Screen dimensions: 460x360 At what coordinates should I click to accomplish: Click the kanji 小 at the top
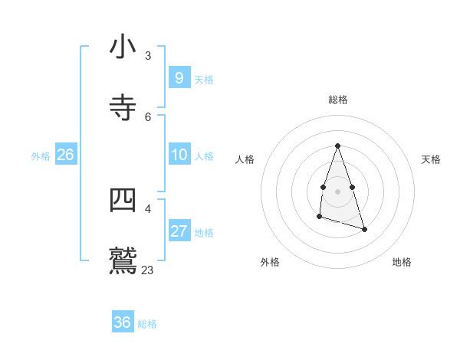[x=123, y=47]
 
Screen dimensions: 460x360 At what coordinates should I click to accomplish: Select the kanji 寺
[x=123, y=107]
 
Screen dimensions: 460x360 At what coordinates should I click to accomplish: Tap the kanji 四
[x=123, y=200]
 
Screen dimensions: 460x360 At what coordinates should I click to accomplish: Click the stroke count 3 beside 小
[x=148, y=56]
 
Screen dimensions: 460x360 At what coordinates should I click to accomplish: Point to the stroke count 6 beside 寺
[x=148, y=117]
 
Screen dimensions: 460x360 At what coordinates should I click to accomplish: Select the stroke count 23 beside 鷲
[x=147, y=270]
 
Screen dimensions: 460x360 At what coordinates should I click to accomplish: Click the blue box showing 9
[x=179, y=78]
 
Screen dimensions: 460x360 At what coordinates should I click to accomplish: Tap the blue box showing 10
[x=179, y=155]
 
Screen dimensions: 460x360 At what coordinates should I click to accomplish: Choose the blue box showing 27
[x=179, y=231]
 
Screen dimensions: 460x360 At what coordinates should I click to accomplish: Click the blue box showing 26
[x=65, y=155]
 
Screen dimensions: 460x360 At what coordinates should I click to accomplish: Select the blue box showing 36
[x=122, y=322]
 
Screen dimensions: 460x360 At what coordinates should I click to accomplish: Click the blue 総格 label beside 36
[x=147, y=324]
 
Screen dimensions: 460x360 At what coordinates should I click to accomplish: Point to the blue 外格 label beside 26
[x=41, y=156]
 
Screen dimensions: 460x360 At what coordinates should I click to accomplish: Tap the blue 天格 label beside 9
[x=204, y=80]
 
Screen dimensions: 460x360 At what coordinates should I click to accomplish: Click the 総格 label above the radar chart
[x=337, y=100]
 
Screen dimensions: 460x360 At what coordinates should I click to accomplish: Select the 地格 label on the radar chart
[x=402, y=262]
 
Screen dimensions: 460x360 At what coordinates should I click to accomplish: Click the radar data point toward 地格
[x=364, y=229]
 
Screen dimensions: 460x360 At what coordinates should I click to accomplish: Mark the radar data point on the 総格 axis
[x=337, y=146]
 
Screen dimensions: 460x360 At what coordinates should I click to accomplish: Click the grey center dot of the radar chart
[x=337, y=191]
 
